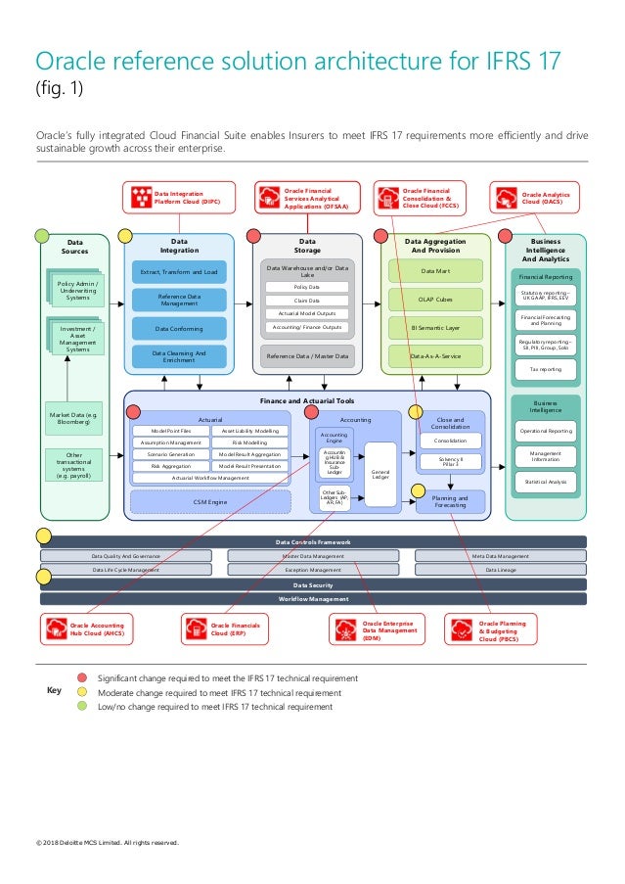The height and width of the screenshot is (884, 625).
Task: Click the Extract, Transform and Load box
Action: [x=179, y=271]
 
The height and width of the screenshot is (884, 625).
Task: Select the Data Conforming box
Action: [x=179, y=329]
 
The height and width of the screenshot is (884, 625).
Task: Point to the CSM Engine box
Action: [x=210, y=502]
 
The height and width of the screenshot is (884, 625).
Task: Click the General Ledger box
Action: [x=380, y=474]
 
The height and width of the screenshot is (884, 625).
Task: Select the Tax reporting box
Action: [x=545, y=370]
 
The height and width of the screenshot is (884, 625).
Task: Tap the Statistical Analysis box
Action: [x=545, y=482]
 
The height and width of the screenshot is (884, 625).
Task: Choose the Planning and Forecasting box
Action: [x=450, y=501]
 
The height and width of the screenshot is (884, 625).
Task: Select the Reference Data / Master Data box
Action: [x=307, y=356]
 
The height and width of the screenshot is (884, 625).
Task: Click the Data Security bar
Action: [x=312, y=583]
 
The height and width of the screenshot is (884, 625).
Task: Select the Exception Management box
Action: [x=313, y=569]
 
